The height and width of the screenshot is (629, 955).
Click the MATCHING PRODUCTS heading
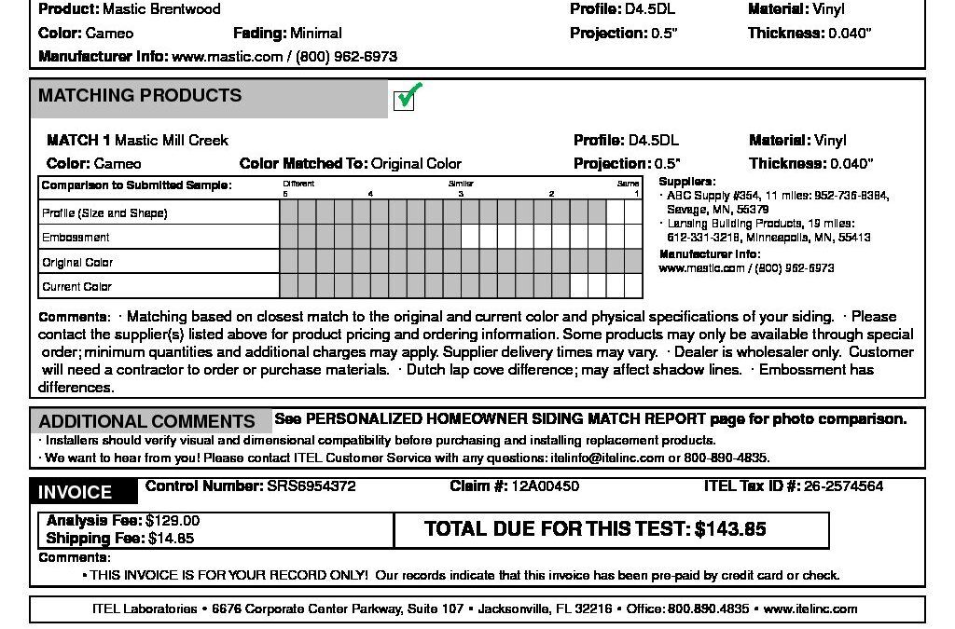[x=140, y=96]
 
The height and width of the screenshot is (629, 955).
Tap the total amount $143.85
[x=730, y=529]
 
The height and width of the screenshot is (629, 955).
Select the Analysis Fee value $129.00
[x=173, y=521]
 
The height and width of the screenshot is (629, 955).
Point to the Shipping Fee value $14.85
[x=171, y=538]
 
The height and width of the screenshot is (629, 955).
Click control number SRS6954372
[x=311, y=486]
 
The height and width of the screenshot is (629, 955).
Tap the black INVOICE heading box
[x=75, y=492]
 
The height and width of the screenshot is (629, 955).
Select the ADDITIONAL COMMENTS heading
[x=146, y=421]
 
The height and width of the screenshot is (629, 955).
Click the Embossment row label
[x=76, y=238]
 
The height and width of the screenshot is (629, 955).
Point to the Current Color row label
[x=76, y=287]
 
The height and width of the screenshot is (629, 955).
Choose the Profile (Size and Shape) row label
[x=104, y=213]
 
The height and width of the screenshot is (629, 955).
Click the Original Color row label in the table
[x=77, y=263]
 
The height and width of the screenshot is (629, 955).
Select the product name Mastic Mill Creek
[x=172, y=141]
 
